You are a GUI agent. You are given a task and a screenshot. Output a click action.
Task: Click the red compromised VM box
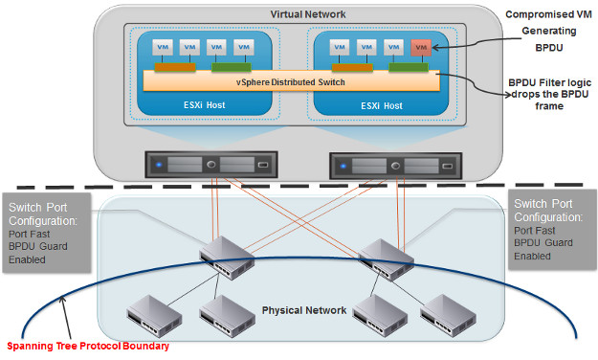coord(418,47)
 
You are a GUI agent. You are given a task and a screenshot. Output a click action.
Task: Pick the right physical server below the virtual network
coord(381,164)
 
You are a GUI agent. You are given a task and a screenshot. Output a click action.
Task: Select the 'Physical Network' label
coord(303,310)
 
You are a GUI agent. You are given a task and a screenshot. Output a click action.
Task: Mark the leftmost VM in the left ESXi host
coord(163,47)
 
